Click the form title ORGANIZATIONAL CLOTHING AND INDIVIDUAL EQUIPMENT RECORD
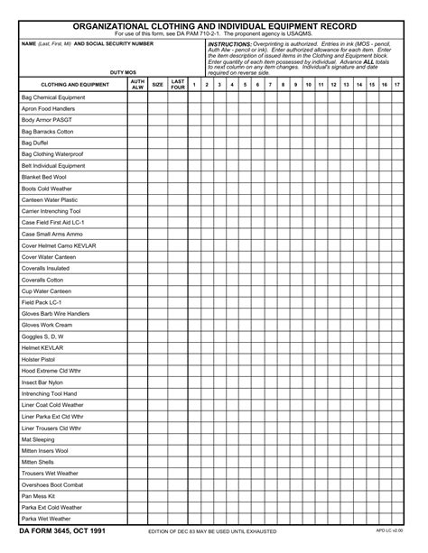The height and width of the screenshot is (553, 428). (214, 27)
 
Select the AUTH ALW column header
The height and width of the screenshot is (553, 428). (137, 85)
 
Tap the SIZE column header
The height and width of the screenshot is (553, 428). (157, 85)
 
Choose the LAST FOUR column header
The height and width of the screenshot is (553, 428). (178, 85)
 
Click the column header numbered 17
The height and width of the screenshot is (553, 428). (397, 85)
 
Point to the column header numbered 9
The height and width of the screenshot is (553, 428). (295, 85)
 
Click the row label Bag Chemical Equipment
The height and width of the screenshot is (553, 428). (52, 97)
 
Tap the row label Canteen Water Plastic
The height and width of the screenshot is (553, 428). (50, 200)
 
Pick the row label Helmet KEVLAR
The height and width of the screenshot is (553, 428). (42, 347)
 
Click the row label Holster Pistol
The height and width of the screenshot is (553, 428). (41, 359)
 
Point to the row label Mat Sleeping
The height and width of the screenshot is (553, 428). (39, 439)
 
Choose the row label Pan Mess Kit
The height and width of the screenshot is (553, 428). (39, 496)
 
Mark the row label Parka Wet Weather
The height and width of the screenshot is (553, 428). (46, 519)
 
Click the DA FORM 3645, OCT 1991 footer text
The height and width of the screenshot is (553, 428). (62, 531)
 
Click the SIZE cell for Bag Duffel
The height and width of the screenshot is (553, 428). (157, 143)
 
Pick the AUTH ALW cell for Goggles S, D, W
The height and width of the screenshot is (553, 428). (137, 336)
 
